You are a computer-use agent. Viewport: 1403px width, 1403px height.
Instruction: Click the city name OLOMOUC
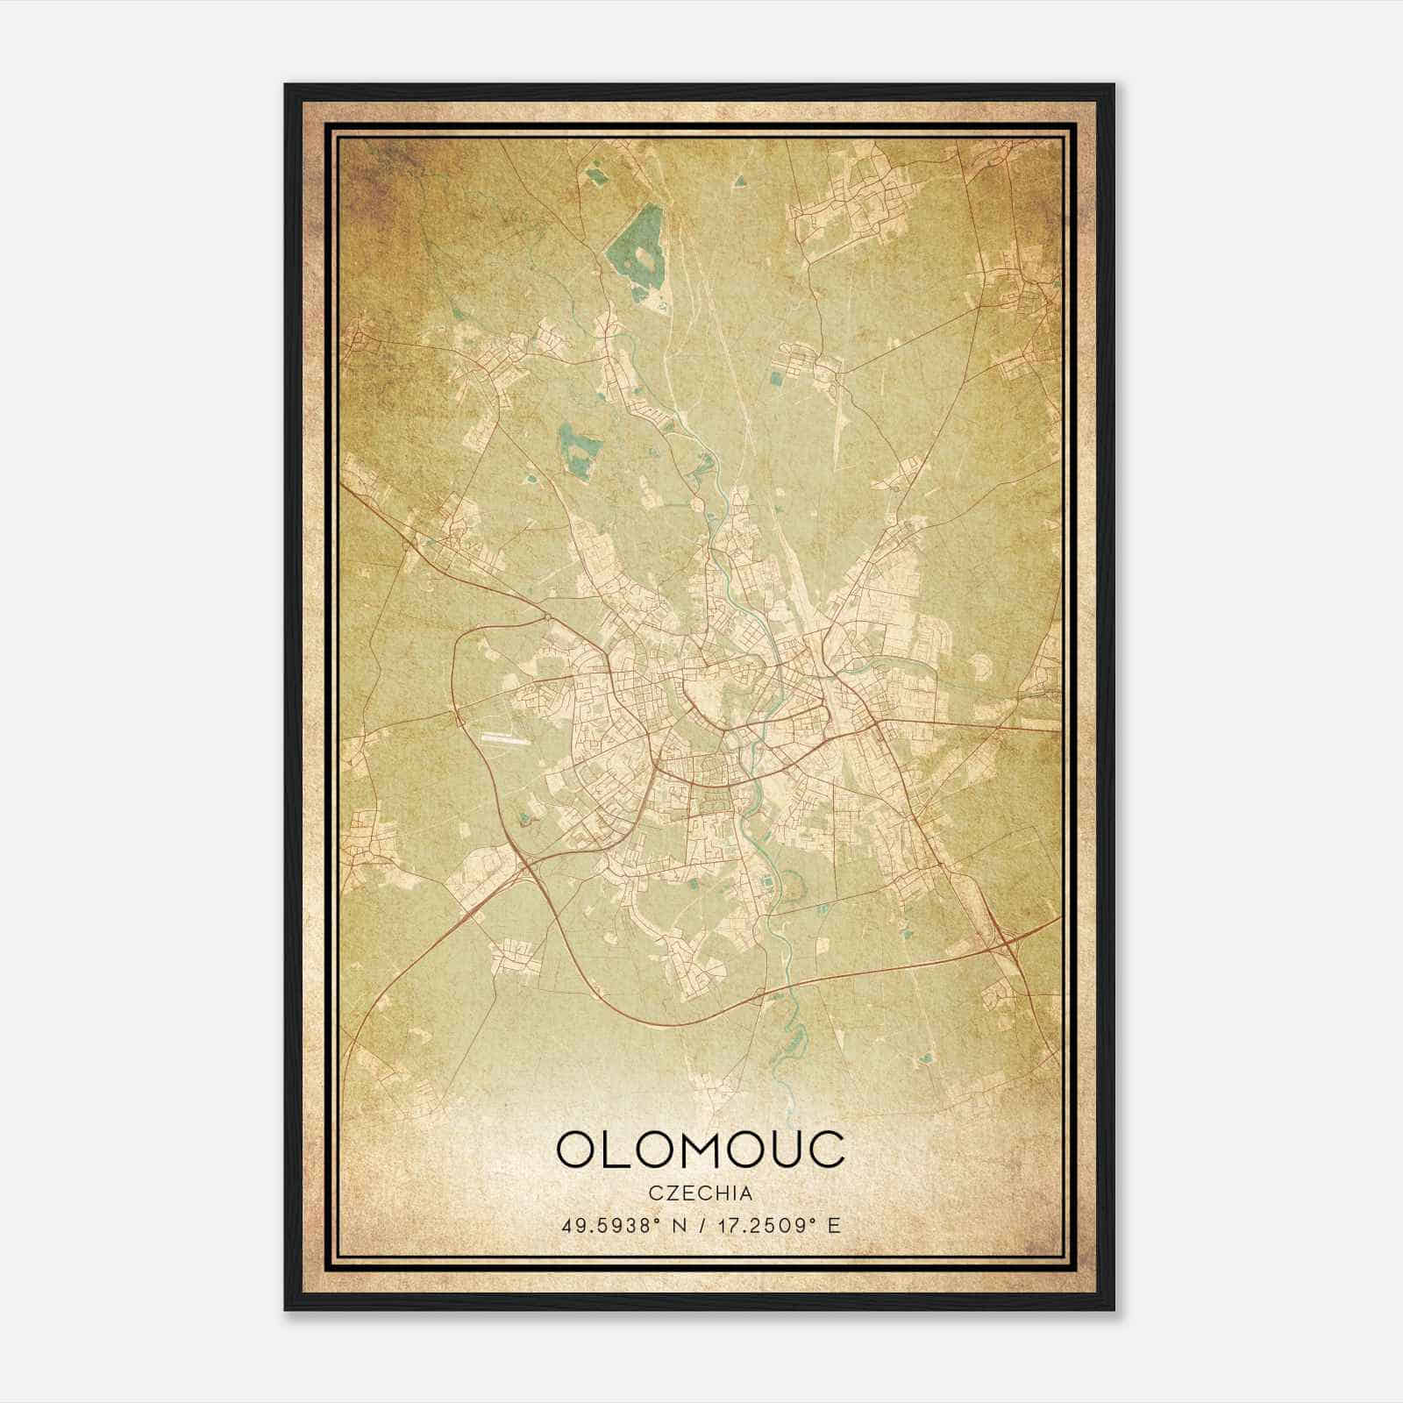(701, 1150)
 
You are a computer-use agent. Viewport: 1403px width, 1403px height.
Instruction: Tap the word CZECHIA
(701, 1193)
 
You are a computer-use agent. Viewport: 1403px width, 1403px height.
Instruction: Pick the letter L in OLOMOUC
(616, 1150)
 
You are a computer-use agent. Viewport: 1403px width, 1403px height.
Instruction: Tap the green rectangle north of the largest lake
(597, 175)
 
